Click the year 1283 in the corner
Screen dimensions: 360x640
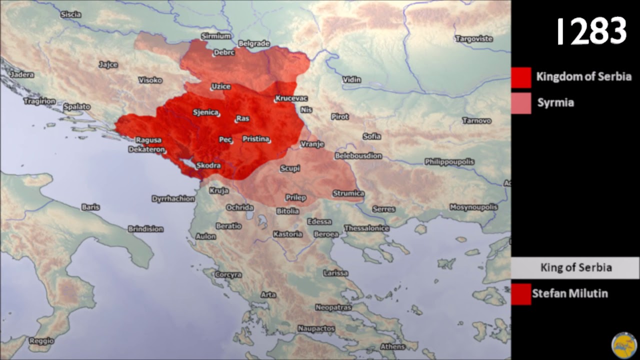591,31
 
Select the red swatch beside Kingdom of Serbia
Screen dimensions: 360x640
521,77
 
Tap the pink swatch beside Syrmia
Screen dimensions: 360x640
521,103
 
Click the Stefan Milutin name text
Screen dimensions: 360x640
569,293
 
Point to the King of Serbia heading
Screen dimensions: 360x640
575,267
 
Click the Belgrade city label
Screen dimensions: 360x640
254,43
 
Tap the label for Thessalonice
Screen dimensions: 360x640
366,228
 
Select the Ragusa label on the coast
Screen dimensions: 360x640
148,140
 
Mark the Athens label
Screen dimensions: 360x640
392,346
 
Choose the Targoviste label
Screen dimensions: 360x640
473,38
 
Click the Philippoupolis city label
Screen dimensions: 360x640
449,161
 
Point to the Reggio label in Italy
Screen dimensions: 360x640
41,341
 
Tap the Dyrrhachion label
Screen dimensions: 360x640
173,198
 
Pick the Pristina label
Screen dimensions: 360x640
256,139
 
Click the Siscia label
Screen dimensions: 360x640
70,14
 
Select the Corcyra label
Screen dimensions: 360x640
228,274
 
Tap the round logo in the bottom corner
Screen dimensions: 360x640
623,345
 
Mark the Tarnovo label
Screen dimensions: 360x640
476,120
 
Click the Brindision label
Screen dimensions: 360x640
145,228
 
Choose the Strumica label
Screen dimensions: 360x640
348,193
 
